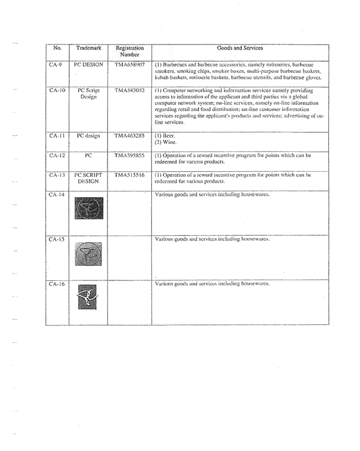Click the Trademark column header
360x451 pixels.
(88, 49)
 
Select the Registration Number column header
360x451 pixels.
(129, 51)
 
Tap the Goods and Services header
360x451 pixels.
(239, 49)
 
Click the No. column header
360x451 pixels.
(57, 49)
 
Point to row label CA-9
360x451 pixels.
(57, 65)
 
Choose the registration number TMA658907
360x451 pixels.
(129, 65)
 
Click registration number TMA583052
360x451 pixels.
(129, 91)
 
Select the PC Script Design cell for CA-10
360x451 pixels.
(88, 94)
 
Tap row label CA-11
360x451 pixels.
(57, 136)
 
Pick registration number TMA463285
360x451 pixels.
(129, 136)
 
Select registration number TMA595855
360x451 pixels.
(129, 156)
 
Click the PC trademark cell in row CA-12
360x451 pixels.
(88, 156)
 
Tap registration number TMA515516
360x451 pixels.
(129, 175)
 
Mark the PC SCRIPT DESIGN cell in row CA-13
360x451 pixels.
(88, 178)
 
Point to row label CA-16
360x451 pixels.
(57, 284)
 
